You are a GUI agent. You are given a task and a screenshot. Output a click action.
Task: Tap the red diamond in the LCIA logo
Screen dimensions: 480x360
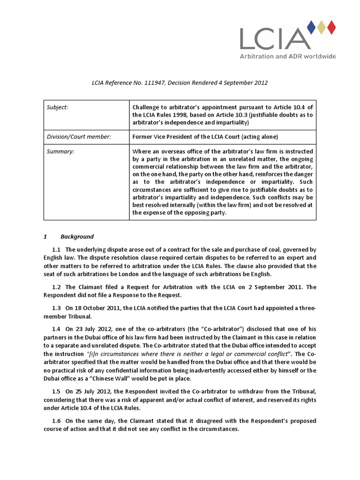tap(331, 28)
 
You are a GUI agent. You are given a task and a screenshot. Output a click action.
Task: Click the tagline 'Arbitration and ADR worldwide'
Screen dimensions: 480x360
tap(288, 56)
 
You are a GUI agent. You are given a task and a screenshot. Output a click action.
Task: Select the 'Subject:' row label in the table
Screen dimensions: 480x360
tap(57, 107)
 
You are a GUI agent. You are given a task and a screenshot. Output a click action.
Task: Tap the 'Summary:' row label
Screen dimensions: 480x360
tap(60, 151)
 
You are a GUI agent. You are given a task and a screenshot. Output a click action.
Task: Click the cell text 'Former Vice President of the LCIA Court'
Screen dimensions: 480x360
tap(191, 137)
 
